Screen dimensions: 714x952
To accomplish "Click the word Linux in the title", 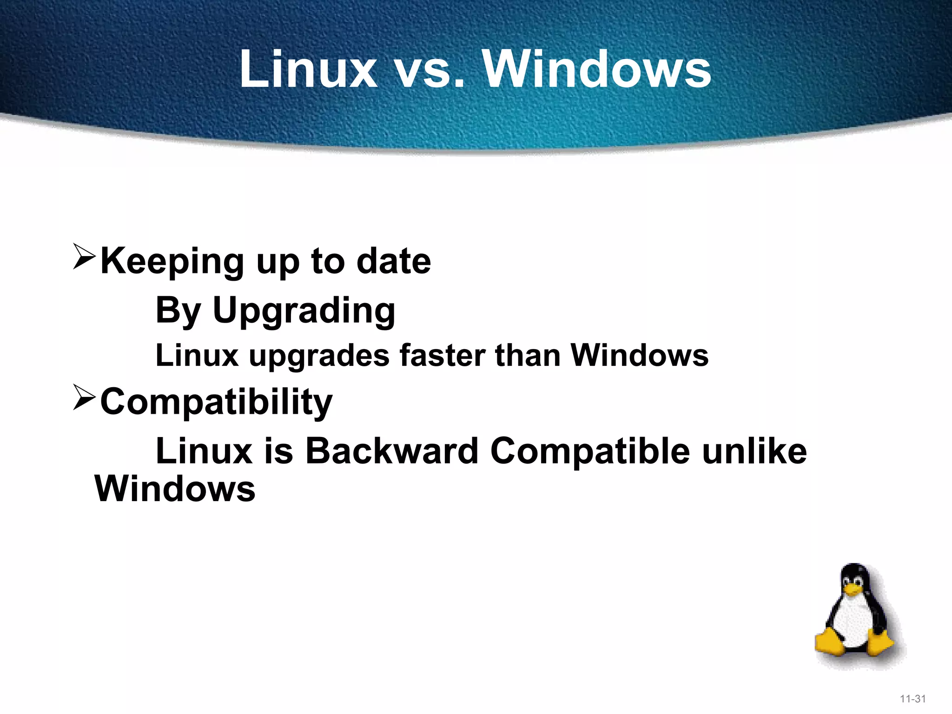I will [308, 69].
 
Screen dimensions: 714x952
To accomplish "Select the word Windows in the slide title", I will [597, 69].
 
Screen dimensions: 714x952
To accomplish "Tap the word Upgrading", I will [304, 311].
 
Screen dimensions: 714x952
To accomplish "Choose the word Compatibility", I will [216, 402].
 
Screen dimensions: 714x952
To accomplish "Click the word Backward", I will [391, 450].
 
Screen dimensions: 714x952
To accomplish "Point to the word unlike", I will [754, 450].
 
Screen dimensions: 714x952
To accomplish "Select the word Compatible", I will [590, 451].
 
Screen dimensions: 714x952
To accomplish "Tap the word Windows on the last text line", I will [175, 489].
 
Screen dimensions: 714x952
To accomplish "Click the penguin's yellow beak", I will [853, 590].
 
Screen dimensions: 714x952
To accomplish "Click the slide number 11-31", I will [912, 699].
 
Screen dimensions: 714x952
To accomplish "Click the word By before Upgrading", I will [178, 311].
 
